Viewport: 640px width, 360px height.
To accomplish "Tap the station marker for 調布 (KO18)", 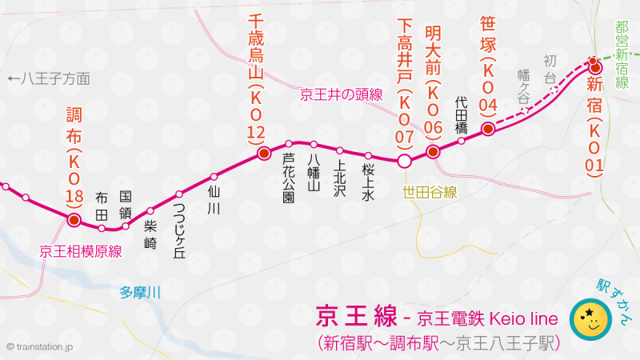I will [74, 219].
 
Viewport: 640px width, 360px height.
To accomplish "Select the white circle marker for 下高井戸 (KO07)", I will [405, 162].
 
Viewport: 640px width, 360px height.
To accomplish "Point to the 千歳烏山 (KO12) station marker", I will [262, 154].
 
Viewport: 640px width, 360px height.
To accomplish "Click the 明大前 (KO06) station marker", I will [433, 150].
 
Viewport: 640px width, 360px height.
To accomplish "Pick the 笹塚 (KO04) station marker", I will [487, 129].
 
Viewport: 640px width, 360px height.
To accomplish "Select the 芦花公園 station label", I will [289, 178].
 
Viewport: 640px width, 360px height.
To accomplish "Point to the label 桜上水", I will [368, 179].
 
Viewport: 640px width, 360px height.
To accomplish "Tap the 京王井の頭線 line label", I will [341, 94].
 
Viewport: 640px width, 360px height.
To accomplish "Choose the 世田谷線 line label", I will [430, 191].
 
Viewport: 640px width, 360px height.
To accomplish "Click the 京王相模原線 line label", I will [80, 251].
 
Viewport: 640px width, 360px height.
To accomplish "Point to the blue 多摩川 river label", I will [140, 292].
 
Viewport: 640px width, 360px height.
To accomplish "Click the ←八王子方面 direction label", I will [47, 78].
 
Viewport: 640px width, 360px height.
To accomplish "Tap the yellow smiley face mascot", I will [590, 320].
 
